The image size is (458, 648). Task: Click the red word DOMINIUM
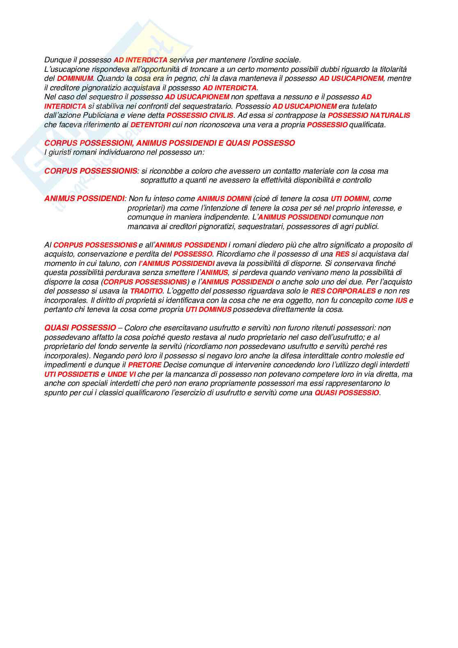coord(75,78)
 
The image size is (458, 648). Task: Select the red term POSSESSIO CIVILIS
coord(200,116)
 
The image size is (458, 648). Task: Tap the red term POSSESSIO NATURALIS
coord(369,116)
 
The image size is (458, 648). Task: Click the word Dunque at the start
coord(57,60)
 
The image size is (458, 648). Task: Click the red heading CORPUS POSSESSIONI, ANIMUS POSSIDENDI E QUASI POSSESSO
coord(169,143)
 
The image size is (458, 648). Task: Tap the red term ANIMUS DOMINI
coord(224,199)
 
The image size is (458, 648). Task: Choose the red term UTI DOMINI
coord(350,199)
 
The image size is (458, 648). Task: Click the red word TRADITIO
coord(146,291)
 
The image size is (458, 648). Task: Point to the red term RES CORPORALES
coord(343,291)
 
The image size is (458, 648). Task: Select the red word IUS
coord(401,300)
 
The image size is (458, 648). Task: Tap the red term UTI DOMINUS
coord(208,309)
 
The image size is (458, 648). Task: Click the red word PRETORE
coord(144,365)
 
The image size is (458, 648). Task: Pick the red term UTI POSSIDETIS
coord(72,374)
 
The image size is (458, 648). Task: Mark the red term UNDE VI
coord(121,374)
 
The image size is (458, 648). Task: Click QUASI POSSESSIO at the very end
coord(347,393)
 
